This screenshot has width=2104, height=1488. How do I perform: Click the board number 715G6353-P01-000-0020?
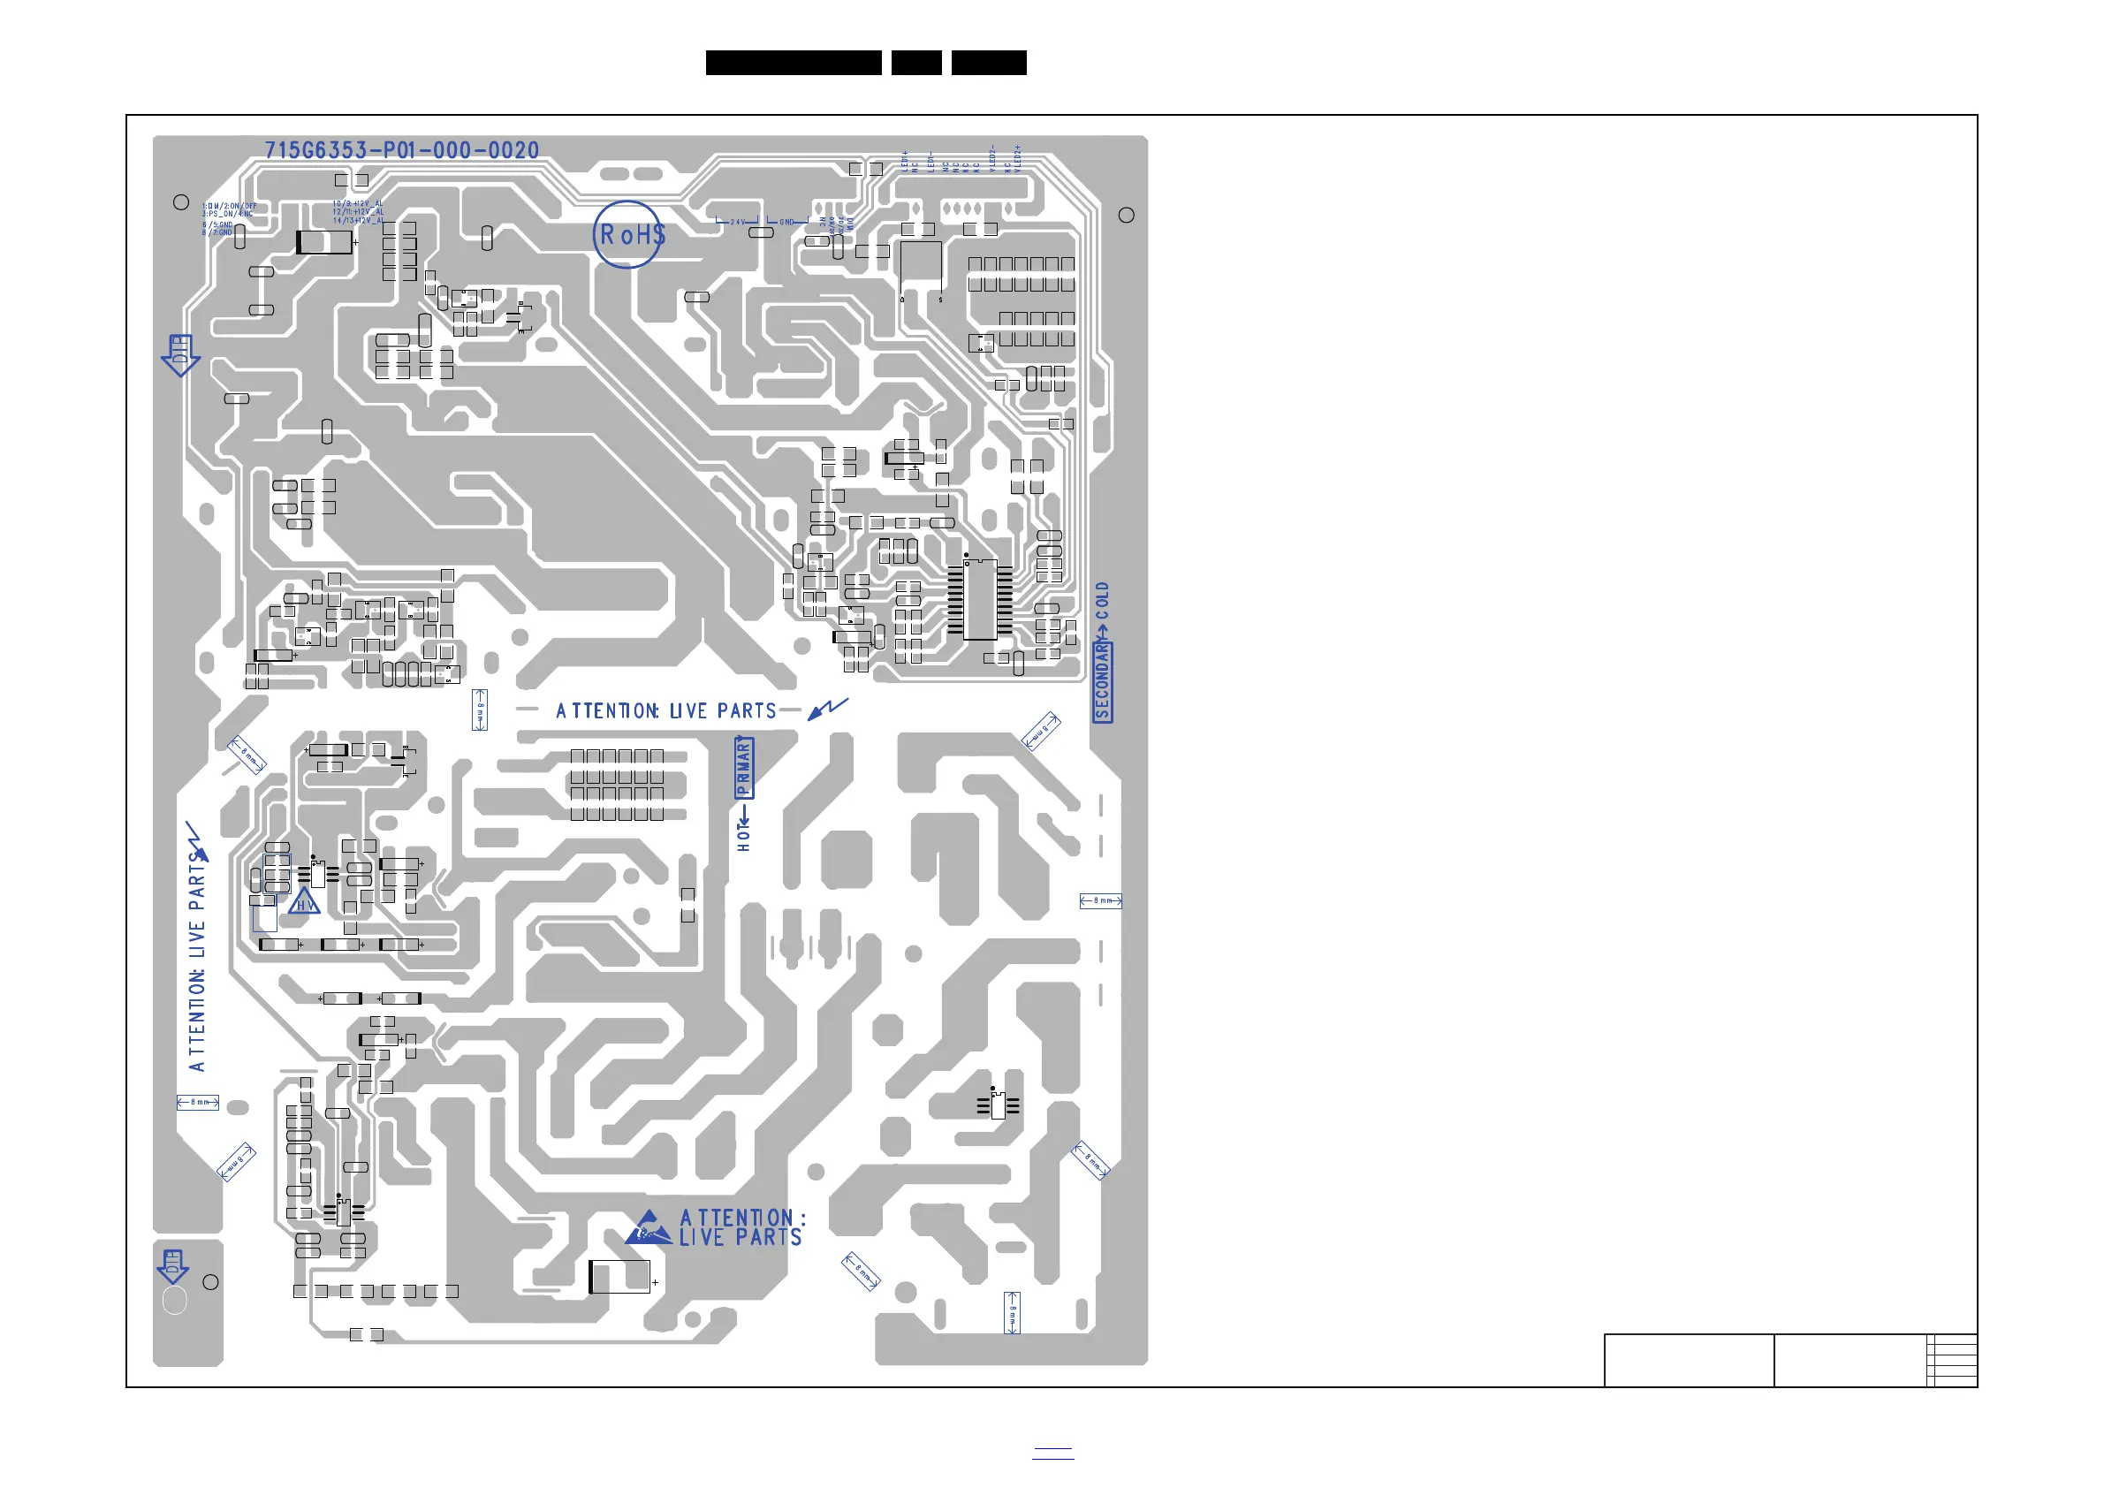click(401, 150)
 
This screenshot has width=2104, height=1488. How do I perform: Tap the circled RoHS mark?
click(628, 234)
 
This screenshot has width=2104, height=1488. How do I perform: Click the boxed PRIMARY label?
click(743, 767)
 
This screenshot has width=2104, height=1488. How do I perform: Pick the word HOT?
click(743, 835)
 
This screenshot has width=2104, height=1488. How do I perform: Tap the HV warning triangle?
click(304, 902)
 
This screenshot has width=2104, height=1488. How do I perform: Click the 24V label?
click(738, 223)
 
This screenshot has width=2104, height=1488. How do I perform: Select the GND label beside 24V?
click(786, 223)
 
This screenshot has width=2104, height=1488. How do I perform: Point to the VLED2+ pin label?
click(1017, 158)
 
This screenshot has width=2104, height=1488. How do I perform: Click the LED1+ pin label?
click(905, 160)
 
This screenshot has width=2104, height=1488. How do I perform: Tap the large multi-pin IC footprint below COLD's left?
click(980, 599)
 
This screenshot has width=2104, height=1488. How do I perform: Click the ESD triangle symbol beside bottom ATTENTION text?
click(649, 1228)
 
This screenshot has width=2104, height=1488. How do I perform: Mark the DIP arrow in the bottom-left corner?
click(173, 1265)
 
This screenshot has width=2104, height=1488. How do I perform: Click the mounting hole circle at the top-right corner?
click(1126, 216)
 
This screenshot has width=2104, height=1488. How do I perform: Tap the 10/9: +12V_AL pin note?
click(357, 203)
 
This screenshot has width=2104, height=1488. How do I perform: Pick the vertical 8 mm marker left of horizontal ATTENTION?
click(479, 710)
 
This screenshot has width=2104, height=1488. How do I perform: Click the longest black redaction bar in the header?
click(794, 63)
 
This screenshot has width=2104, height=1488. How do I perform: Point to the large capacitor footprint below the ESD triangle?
click(619, 1276)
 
